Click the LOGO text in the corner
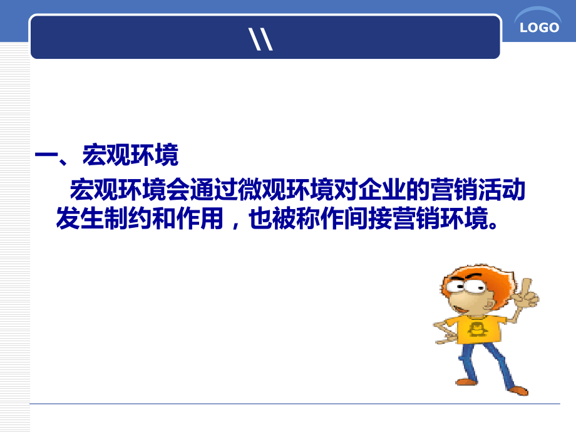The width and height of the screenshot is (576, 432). (x=539, y=28)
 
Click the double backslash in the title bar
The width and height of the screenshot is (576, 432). (x=260, y=39)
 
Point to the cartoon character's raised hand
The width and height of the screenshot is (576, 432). (x=526, y=294)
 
